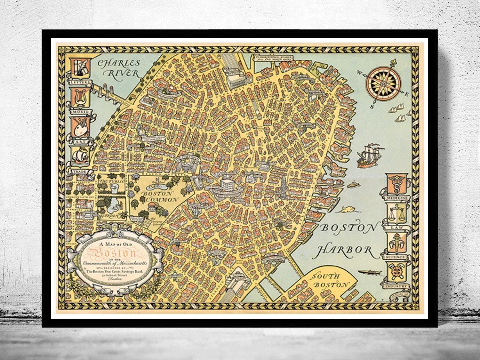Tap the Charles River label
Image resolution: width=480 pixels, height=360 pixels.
(117, 68)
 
